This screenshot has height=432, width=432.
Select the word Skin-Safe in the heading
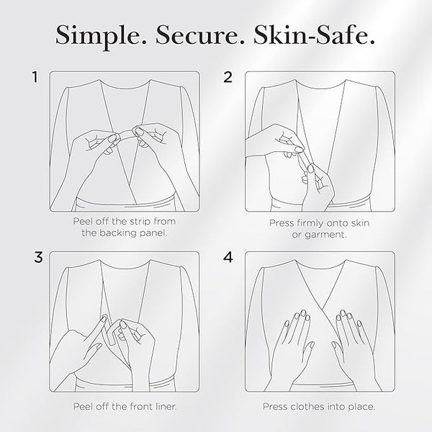click(x=315, y=35)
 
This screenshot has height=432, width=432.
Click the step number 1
click(x=35, y=77)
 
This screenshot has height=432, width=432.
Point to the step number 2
click(x=228, y=77)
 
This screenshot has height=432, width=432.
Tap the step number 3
click(x=38, y=257)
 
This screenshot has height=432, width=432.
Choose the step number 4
click(x=228, y=257)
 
